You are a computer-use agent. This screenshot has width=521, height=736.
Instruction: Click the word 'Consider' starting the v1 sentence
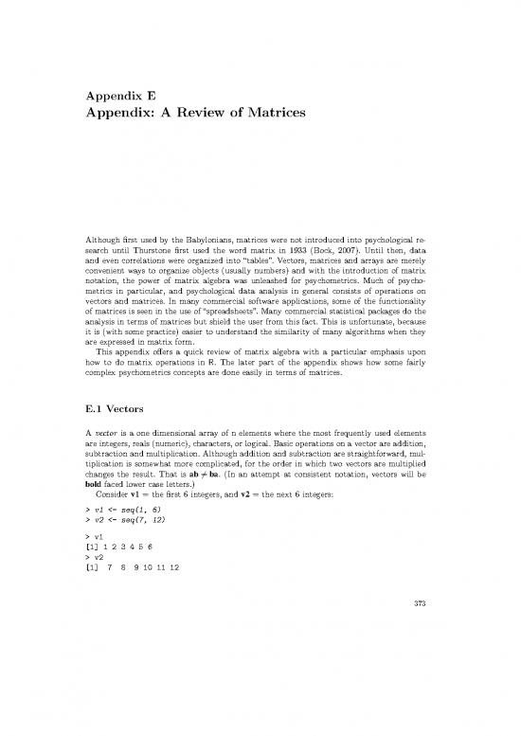[104, 519]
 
